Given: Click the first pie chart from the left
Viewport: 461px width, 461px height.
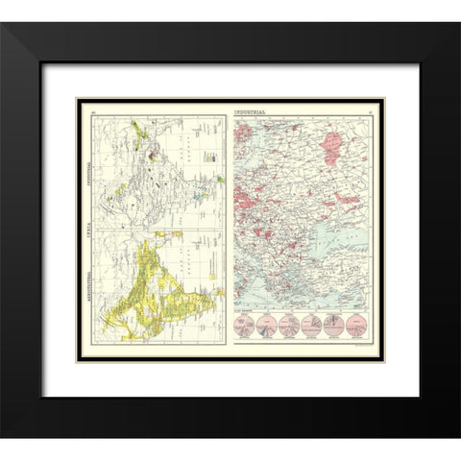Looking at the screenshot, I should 244,325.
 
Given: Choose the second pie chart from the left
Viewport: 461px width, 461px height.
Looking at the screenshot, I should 266,325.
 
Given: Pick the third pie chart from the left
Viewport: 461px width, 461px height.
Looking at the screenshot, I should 288,325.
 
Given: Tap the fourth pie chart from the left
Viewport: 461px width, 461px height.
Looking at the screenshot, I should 311,325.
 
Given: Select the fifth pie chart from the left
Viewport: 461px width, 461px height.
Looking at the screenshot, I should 334,325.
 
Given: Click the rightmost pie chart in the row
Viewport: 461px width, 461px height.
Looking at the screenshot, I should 356,325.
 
